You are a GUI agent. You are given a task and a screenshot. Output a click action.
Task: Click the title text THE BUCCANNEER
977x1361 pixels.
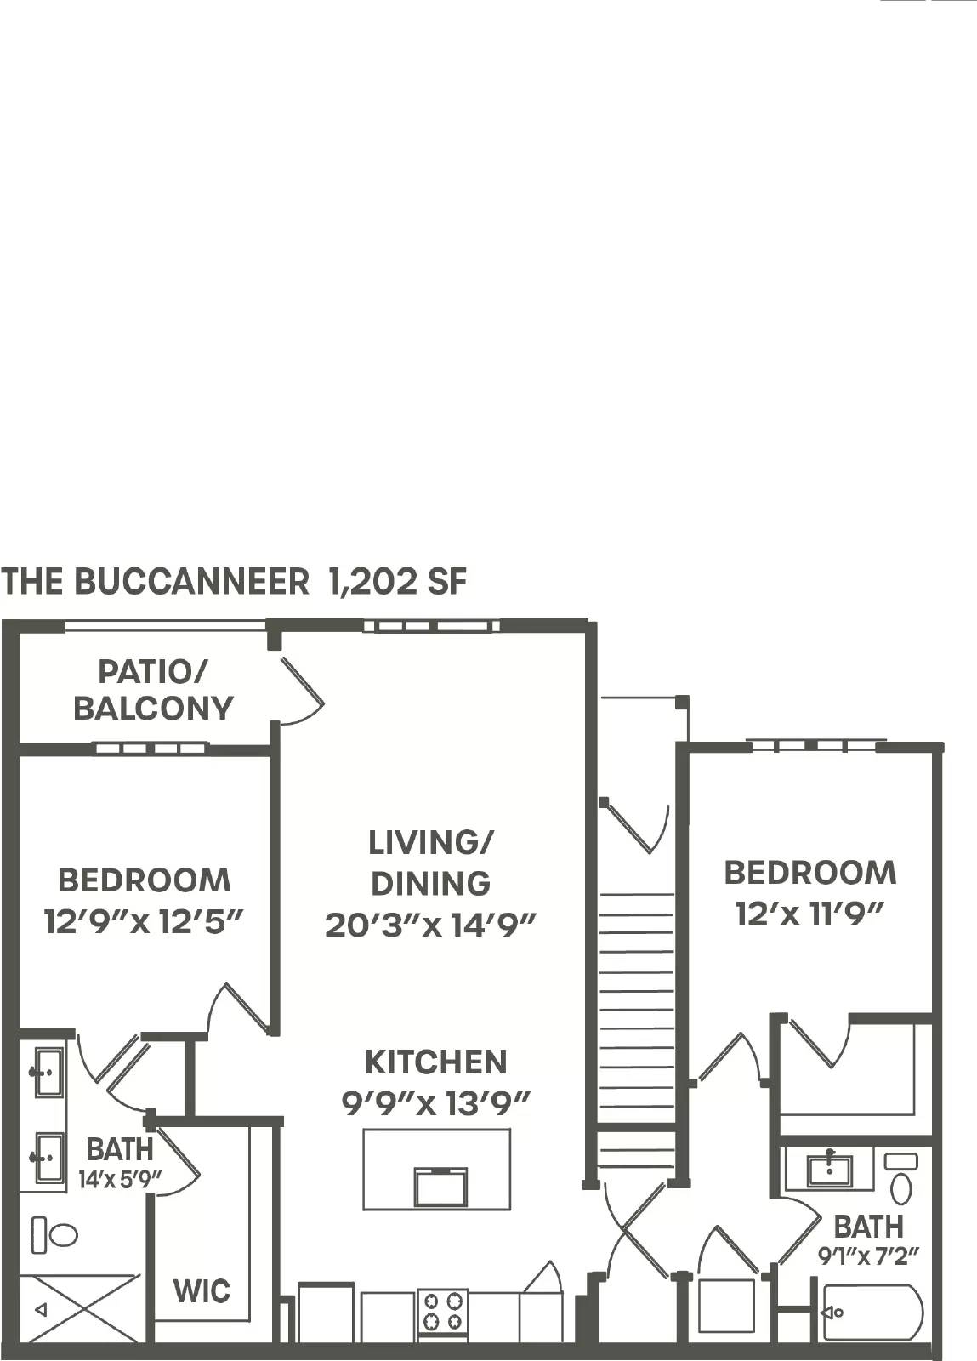(156, 582)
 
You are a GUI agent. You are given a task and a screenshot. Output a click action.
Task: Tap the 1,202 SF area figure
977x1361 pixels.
(398, 582)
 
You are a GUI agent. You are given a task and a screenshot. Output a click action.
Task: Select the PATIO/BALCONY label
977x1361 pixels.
(153, 690)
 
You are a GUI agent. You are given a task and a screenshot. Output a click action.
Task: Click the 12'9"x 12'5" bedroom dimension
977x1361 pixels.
(144, 921)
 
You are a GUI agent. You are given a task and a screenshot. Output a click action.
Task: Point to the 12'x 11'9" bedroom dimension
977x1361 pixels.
(809, 914)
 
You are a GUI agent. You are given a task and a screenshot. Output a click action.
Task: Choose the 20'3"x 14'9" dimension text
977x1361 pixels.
(431, 925)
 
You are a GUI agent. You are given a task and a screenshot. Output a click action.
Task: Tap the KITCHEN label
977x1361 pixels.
(435, 1062)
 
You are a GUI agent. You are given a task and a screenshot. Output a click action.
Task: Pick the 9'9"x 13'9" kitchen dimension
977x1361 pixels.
(435, 1104)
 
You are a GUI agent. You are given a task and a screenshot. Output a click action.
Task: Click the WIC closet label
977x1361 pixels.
(202, 1291)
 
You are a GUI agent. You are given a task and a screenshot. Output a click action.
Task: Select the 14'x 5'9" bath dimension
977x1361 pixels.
(120, 1180)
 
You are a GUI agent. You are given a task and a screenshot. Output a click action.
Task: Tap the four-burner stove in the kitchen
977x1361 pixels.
(442, 1311)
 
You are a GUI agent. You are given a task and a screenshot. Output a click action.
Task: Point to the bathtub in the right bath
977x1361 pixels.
(872, 1313)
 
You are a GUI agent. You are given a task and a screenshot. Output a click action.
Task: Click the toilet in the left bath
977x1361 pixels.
(54, 1234)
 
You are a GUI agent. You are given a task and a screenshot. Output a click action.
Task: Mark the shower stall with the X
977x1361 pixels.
(78, 1308)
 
